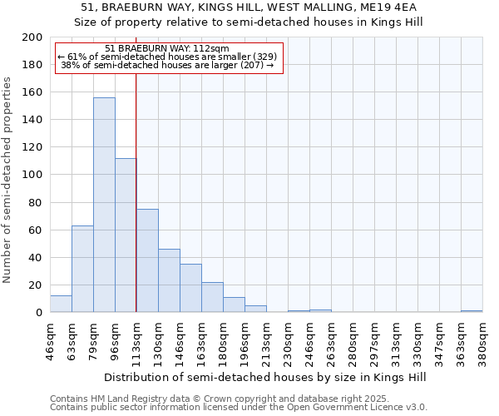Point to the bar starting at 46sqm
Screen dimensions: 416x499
[61, 304]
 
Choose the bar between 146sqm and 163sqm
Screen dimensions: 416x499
[190, 288]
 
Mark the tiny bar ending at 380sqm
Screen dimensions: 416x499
[472, 311]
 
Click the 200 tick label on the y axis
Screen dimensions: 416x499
[32, 37]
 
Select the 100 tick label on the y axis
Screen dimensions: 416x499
[32, 175]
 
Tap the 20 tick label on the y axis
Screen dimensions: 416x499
[36, 285]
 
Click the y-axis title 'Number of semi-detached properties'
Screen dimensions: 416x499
[8, 180]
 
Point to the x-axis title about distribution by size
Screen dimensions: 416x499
[265, 377]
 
